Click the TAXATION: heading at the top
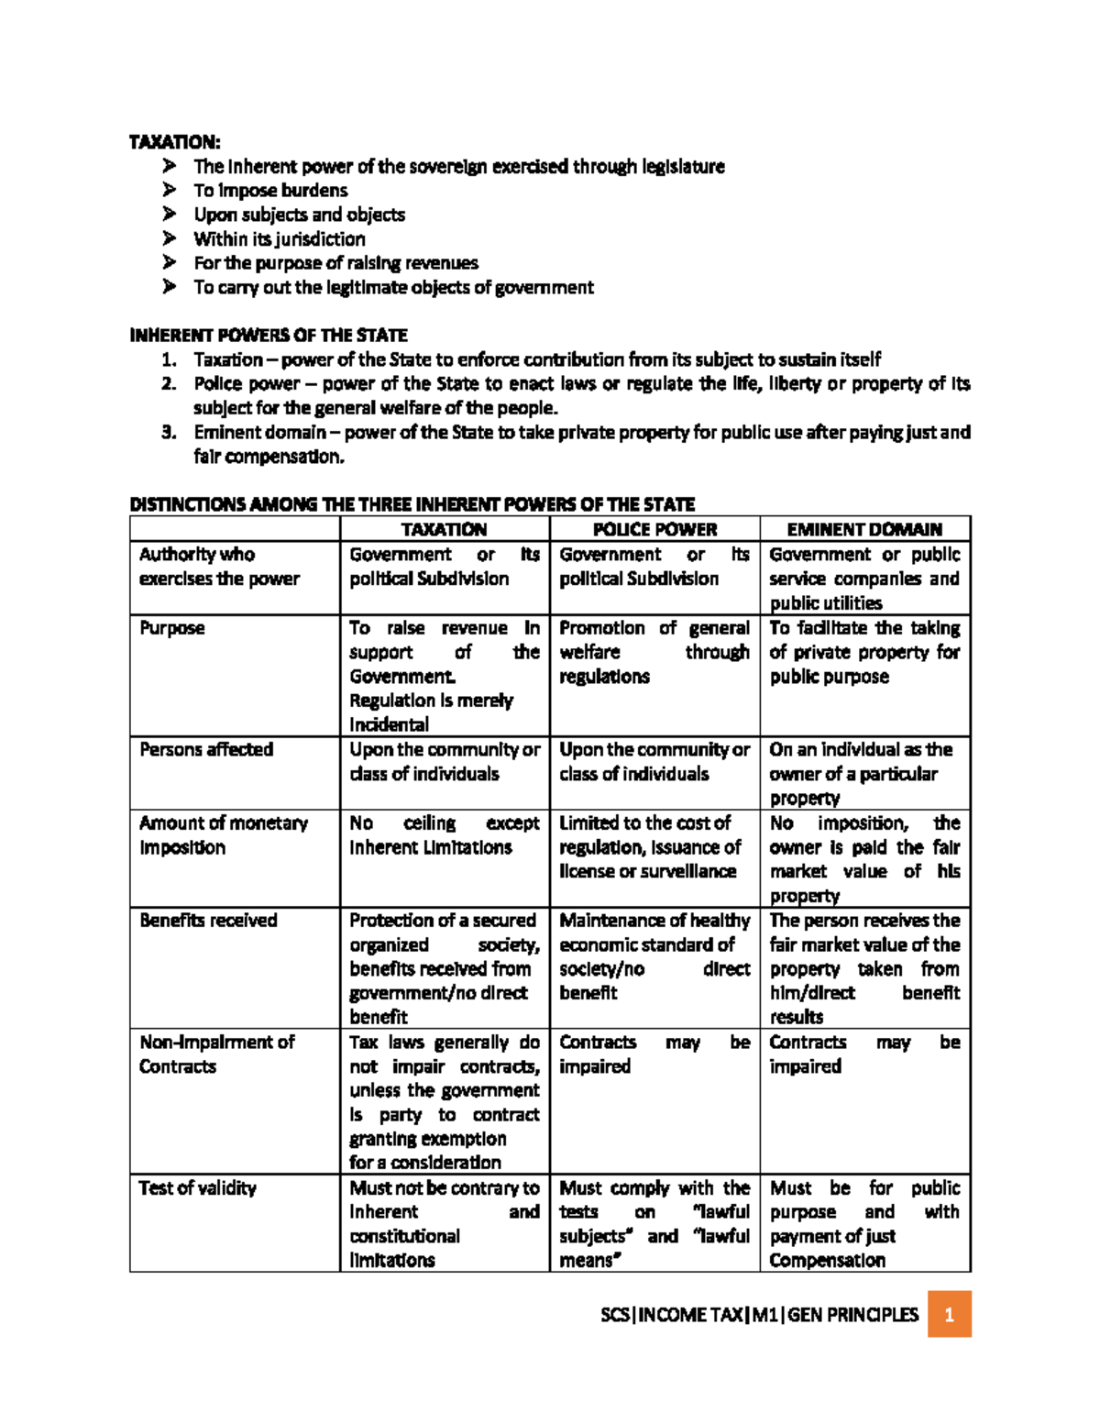[x=174, y=142]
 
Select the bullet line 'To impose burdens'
[x=270, y=191]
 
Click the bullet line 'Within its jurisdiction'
[x=279, y=239]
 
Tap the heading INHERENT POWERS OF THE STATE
[x=269, y=335]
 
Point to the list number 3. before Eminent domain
[x=168, y=432]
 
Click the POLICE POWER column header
[x=654, y=529]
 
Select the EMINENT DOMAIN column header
[x=864, y=529]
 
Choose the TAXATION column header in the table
[x=445, y=529]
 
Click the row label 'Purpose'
[x=172, y=628]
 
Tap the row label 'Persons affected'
[x=206, y=749]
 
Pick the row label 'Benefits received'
[x=208, y=920]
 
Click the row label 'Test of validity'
[x=197, y=1187]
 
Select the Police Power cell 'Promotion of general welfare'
[x=654, y=652]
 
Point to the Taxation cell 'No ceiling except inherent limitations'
[x=444, y=835]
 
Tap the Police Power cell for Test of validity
[x=654, y=1223]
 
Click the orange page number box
[x=949, y=1314]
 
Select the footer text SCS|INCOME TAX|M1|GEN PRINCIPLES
[x=759, y=1315]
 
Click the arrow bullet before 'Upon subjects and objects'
[x=169, y=215]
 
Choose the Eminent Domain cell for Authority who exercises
[x=864, y=579]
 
